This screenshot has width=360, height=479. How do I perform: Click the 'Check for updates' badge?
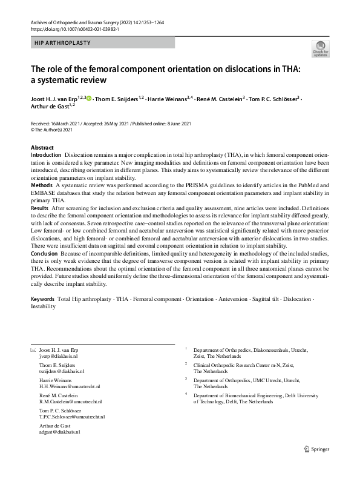(320, 48)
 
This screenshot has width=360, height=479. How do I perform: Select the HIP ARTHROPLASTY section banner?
(102, 43)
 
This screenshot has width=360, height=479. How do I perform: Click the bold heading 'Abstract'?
(42, 148)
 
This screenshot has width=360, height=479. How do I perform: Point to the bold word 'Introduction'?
(46, 156)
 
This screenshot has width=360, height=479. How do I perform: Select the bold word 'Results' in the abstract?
(41, 208)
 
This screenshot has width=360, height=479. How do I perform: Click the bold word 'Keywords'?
(43, 299)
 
